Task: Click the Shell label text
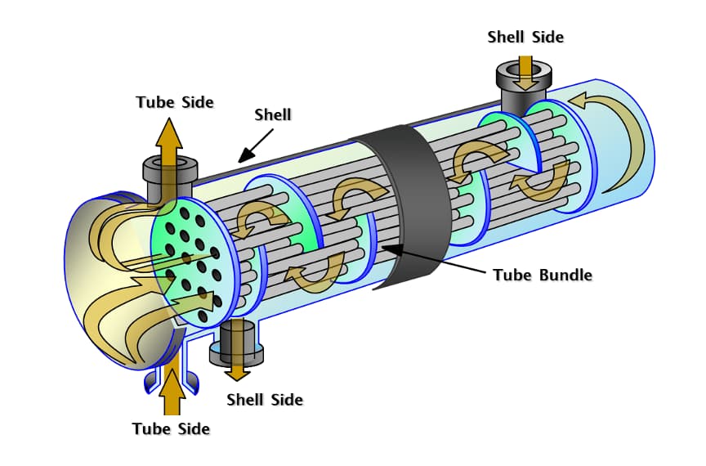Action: [x=272, y=114]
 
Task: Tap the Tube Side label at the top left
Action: [x=175, y=102]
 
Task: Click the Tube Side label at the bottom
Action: [x=171, y=428]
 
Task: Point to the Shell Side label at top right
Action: [x=525, y=37]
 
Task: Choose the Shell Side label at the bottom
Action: [x=264, y=400]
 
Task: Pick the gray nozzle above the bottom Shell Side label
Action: [x=237, y=343]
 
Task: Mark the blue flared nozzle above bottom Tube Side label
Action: [x=171, y=378]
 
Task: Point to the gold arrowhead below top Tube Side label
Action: [x=170, y=131]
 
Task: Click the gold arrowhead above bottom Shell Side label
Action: [x=238, y=372]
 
